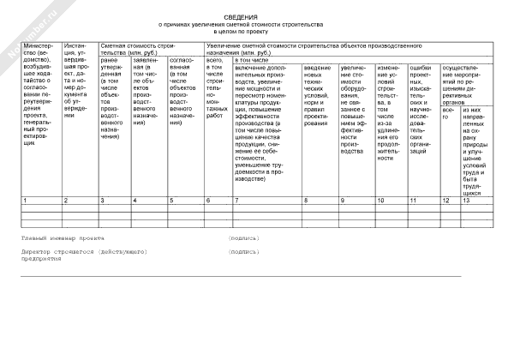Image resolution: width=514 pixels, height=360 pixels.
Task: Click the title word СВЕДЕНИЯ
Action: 257,16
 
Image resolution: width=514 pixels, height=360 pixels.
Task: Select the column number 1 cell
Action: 42,200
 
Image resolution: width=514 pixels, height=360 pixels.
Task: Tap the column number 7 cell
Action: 266,200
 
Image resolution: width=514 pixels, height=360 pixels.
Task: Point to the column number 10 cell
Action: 390,200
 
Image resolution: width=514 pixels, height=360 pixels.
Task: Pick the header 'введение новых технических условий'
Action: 319,95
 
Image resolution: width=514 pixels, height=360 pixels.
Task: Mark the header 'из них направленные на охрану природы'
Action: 478,150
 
